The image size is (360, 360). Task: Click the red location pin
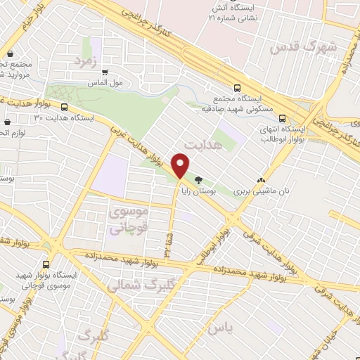pos(181,166)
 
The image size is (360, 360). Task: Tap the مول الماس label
pos(105,82)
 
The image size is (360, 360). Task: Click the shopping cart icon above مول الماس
pos(105,71)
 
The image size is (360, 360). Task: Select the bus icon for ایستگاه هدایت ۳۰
pos(64,108)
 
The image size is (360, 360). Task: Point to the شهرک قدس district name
pos(303,47)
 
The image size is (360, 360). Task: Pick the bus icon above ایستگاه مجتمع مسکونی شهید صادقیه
pos(238,88)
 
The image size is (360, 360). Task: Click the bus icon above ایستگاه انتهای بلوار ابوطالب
pos(281,118)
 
